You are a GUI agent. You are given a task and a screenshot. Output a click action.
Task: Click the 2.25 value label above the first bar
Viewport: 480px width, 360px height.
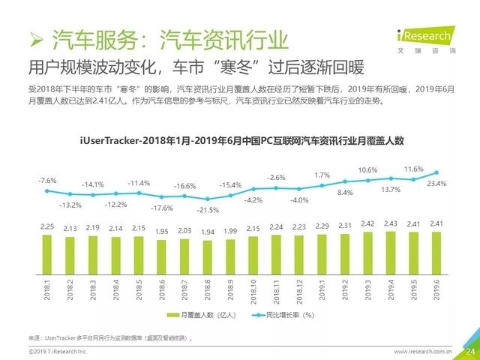point(46,225)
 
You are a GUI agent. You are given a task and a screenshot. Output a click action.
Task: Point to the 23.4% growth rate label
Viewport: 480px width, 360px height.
point(436,183)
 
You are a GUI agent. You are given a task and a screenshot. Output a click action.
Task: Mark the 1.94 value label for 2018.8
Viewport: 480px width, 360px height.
point(207,231)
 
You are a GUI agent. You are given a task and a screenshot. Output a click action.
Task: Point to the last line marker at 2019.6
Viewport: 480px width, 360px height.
point(436,172)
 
